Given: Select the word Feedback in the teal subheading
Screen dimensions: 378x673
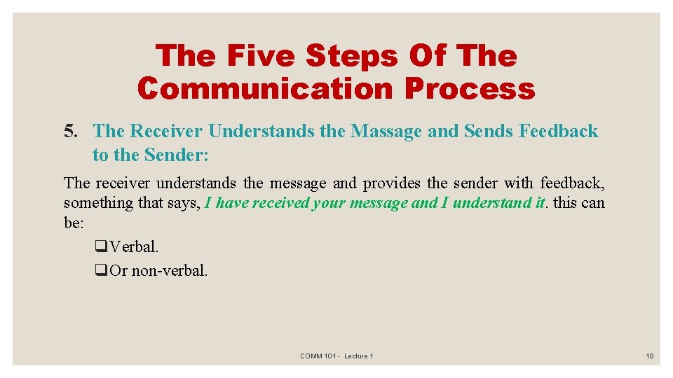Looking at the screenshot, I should coord(558,131).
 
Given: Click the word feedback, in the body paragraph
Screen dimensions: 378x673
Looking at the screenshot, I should coord(572,183).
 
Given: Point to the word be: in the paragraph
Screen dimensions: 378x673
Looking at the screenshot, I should coord(74,222).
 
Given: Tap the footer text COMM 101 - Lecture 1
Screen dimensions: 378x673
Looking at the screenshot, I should coord(336,356).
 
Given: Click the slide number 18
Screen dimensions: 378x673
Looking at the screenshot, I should coord(649,356).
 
